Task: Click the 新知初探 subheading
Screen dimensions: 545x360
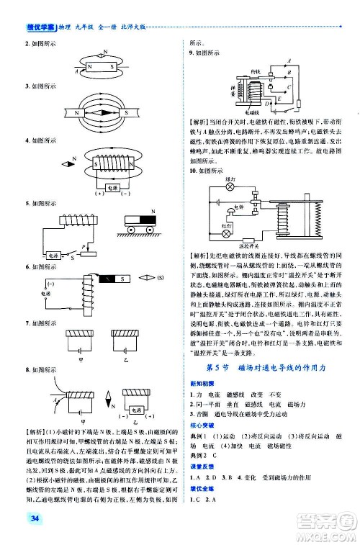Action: (x=201, y=384)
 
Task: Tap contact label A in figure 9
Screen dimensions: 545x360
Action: (x=288, y=60)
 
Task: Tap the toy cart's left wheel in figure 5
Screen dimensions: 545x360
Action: (x=130, y=230)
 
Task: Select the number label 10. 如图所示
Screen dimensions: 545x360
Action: (x=202, y=171)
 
